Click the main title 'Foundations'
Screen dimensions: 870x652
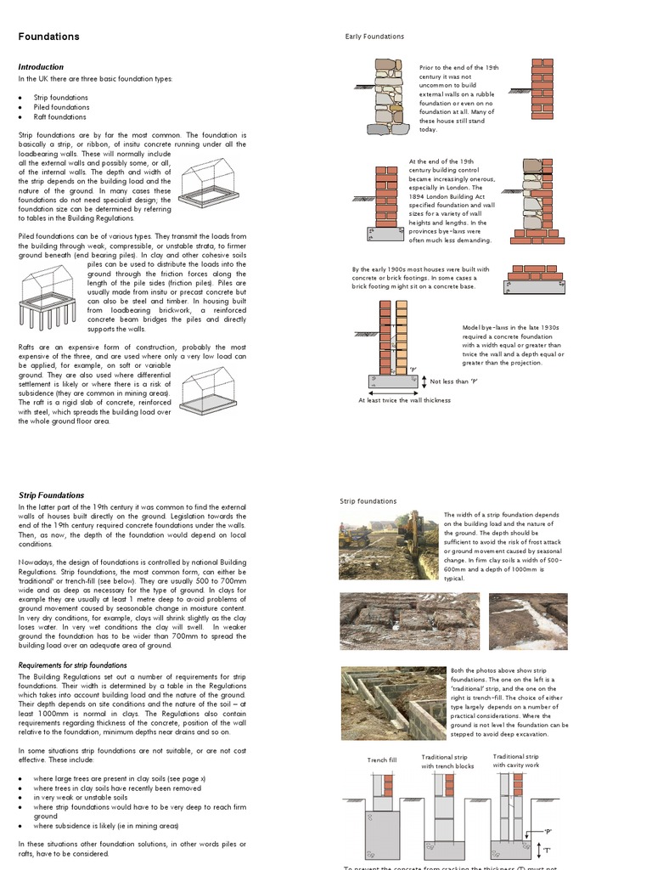point(49,37)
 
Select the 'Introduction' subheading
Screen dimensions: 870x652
point(41,67)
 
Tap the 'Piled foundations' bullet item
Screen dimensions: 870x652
point(61,107)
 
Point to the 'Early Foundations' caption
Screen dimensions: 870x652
point(374,37)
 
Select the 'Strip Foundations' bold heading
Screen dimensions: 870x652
point(51,495)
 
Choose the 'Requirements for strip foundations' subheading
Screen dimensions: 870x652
point(72,665)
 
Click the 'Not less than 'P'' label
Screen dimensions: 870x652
point(453,381)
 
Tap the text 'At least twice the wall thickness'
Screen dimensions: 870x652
point(404,400)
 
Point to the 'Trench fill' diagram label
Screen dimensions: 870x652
point(381,760)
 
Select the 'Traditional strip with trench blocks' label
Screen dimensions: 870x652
point(447,761)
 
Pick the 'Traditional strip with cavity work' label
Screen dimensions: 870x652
point(515,760)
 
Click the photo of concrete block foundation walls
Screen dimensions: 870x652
point(393,702)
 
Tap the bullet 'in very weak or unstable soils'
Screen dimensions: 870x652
point(81,798)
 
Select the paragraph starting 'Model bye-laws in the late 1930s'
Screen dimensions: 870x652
point(512,345)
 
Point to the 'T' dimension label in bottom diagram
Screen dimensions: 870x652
point(547,850)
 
